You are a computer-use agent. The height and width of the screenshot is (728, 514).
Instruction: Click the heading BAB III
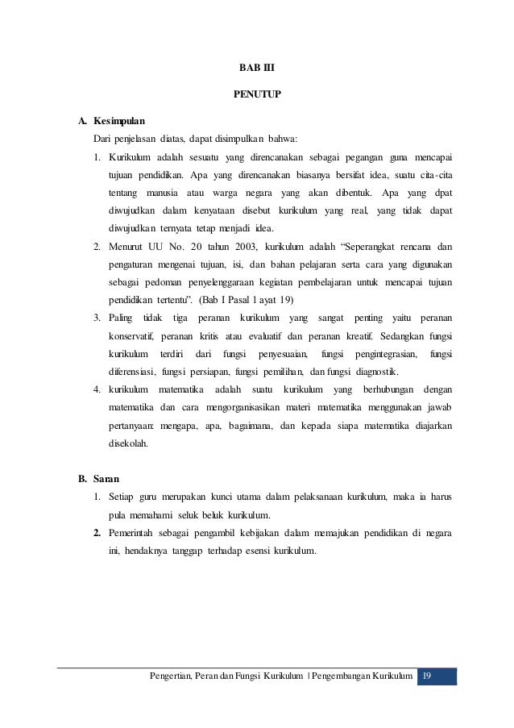pyautogui.click(x=257, y=67)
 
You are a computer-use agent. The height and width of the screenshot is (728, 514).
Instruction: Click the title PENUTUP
pyautogui.click(x=257, y=95)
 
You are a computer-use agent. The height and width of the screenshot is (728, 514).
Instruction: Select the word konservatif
pyautogui.click(x=131, y=336)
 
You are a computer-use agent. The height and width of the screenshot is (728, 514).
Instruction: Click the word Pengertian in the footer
pyautogui.click(x=172, y=675)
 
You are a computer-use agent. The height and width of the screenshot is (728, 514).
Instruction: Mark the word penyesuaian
pyautogui.click(x=283, y=354)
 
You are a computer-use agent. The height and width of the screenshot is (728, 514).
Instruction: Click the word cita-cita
pyautogui.click(x=434, y=175)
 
